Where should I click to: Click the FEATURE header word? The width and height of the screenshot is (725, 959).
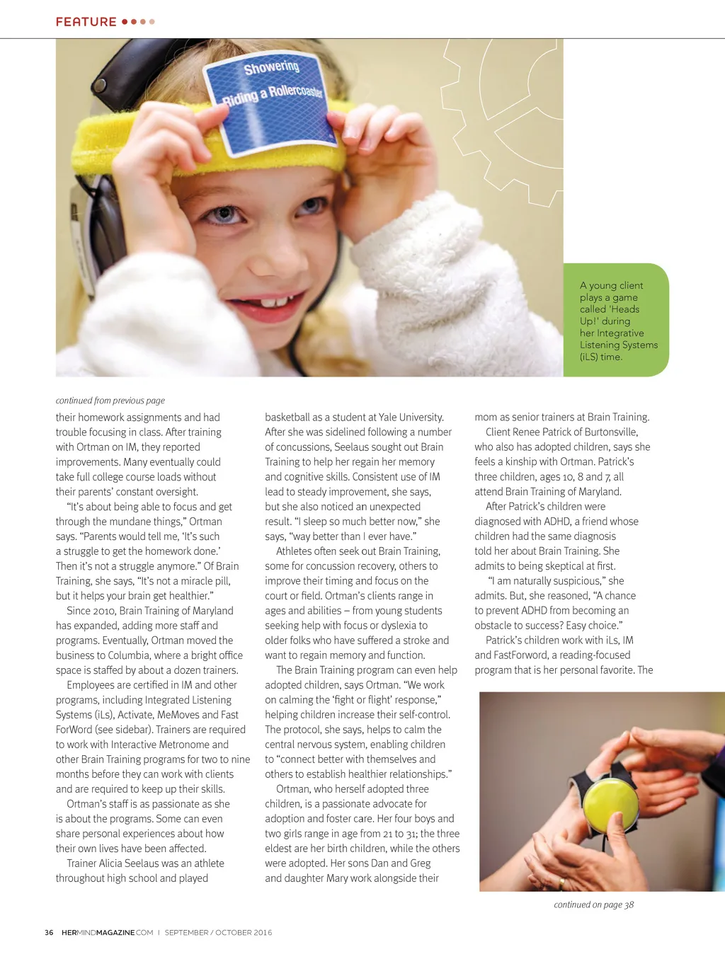tap(86, 22)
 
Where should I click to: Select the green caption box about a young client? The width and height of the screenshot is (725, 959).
tap(616, 321)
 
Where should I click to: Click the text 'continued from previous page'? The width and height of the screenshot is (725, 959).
tap(110, 401)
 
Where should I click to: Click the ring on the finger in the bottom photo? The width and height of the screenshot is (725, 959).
tap(561, 883)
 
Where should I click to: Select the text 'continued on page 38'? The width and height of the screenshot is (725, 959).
tap(593, 905)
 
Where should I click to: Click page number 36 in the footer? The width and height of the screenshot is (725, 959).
tap(49, 933)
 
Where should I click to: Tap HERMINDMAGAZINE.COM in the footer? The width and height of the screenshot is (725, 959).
tap(107, 933)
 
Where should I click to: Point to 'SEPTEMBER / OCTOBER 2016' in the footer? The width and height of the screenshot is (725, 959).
tap(218, 933)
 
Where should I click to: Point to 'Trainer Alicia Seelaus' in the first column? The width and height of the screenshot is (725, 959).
tap(116, 863)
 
